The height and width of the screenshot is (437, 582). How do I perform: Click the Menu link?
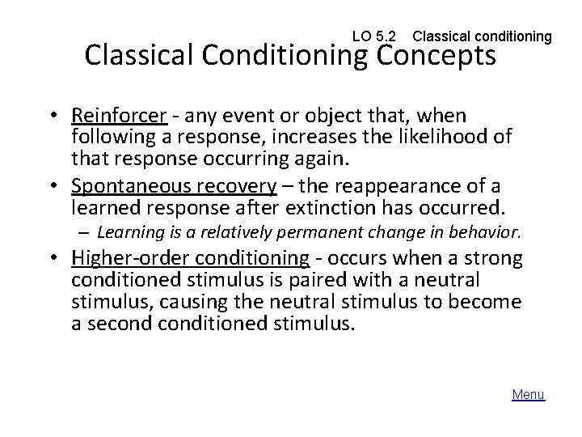tap(529, 394)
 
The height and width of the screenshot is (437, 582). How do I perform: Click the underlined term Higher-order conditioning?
tap(190, 261)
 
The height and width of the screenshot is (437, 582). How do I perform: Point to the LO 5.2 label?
tap(375, 36)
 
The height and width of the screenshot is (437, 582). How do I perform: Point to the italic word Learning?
tap(124, 233)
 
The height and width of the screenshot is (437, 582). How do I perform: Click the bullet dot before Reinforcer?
tap(53, 117)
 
